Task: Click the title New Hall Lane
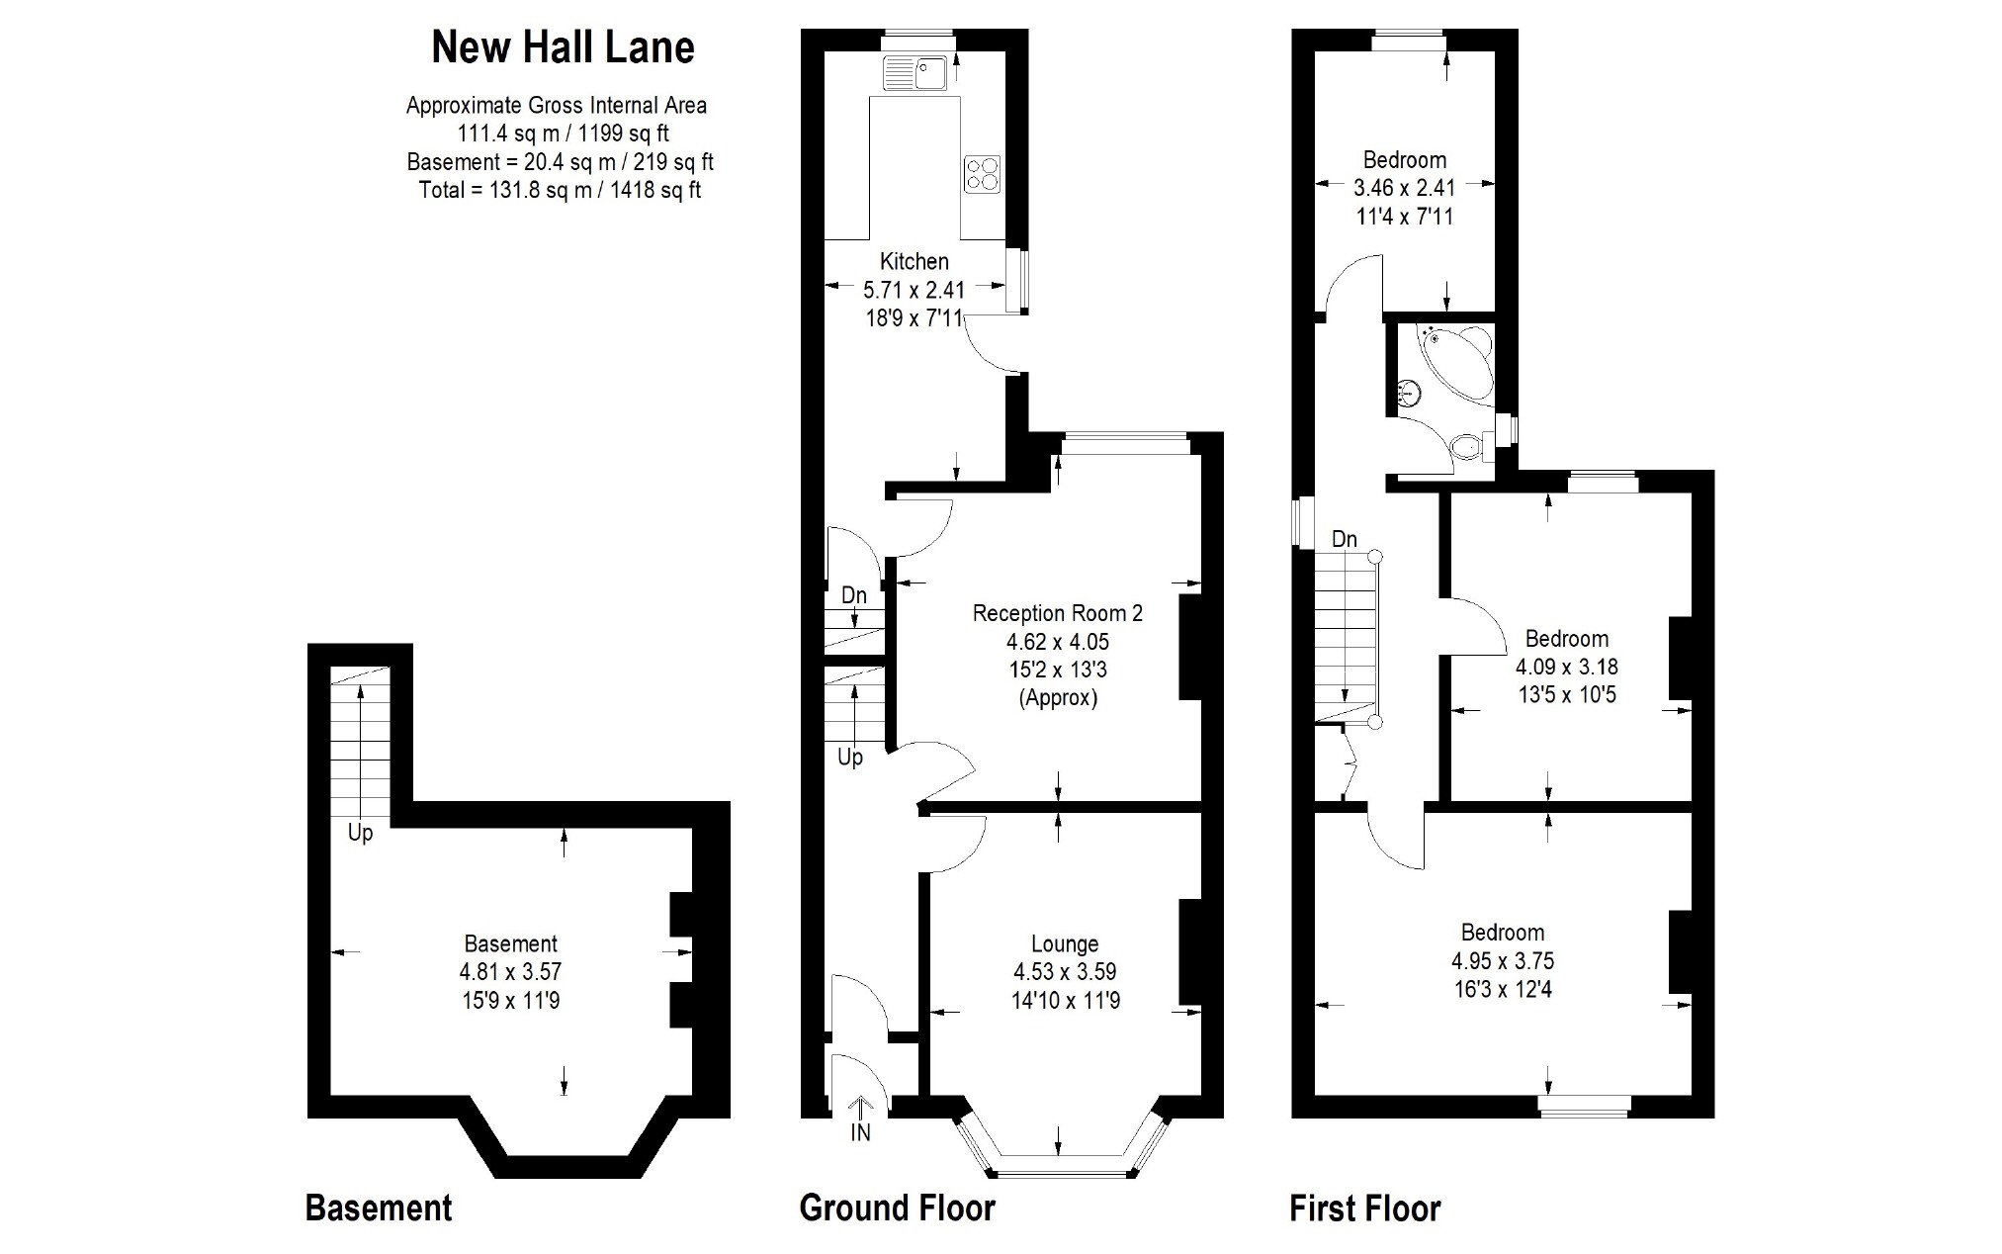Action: [563, 47]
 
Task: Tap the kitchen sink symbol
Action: [915, 72]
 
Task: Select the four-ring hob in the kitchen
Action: [983, 173]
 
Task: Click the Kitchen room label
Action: [914, 261]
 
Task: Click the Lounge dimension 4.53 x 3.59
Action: [1064, 972]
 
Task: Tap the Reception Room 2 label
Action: [1057, 613]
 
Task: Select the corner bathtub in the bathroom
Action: [1458, 360]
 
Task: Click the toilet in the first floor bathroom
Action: [1470, 447]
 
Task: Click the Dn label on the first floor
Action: [1344, 539]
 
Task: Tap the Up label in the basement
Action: [360, 833]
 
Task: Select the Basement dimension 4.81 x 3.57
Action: [511, 972]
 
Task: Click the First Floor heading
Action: [1364, 1209]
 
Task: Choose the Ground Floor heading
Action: [897, 1209]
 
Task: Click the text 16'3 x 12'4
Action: [1503, 989]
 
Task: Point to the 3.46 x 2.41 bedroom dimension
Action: [1404, 187]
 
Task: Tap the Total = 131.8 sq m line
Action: [560, 190]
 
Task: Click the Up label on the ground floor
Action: [850, 758]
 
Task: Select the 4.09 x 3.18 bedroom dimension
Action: [1566, 667]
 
